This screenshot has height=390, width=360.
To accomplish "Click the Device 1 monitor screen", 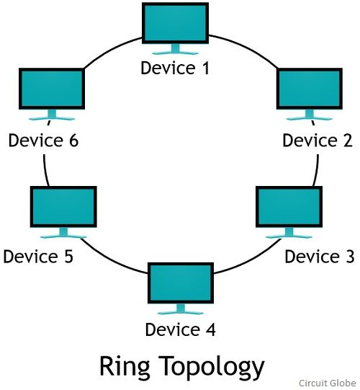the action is coord(175,23).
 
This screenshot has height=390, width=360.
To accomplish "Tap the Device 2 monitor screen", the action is coord(310,89).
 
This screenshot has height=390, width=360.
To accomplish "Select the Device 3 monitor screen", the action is coord(289,207).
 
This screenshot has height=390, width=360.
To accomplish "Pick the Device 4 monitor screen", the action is coord(181,283).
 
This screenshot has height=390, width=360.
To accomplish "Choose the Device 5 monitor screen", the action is coord(63,207).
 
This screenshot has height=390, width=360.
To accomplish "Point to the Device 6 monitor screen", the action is coord(52,89).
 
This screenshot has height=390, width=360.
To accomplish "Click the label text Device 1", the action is coord(175,68).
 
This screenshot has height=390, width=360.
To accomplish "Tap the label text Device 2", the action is coord(318,141).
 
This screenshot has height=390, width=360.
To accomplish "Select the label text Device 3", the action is coord(319,257).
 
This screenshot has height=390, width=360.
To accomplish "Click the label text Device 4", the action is coord(181,329).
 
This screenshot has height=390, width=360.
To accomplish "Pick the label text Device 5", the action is coord(38,257).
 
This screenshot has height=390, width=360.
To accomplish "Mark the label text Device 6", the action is coord(43,141).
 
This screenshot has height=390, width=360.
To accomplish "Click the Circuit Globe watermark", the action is coord(327,383).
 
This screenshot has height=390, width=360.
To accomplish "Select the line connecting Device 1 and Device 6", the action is coord(111,50).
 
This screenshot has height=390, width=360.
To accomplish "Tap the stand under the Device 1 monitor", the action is coord(175,49).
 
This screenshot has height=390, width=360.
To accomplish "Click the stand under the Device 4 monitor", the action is coord(181,309).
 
